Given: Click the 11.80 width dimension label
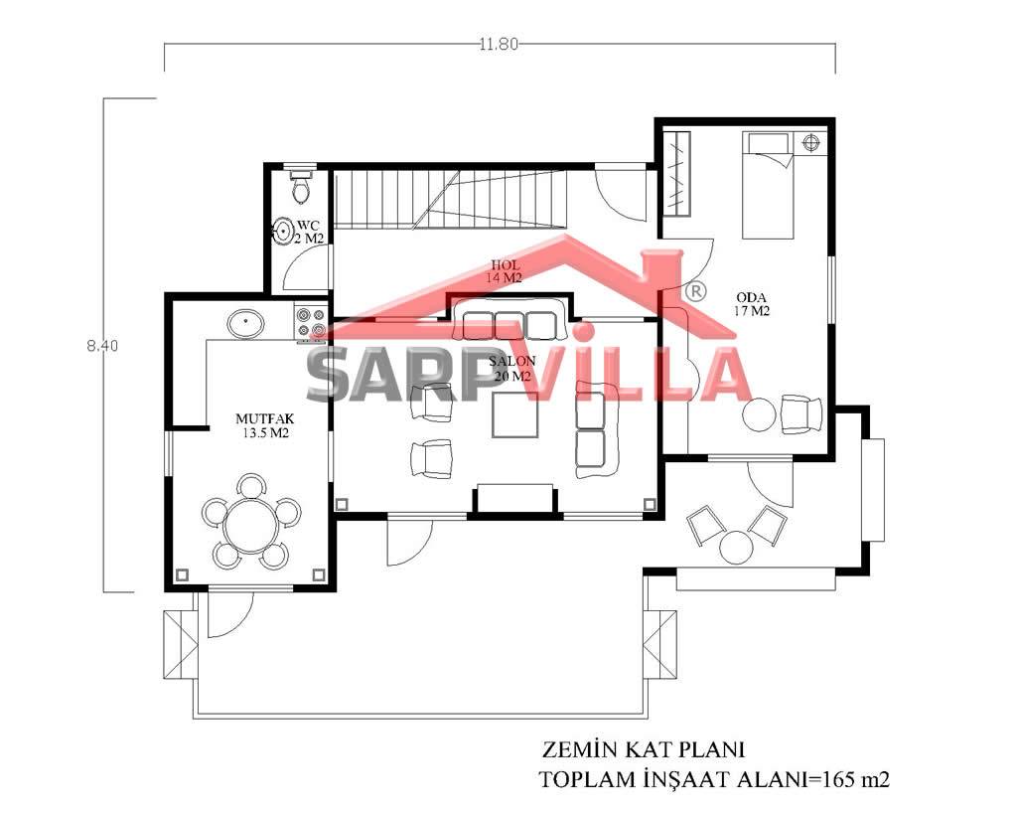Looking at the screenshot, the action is tap(499, 44).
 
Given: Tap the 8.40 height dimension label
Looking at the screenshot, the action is tap(102, 346).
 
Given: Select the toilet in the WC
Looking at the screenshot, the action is tap(301, 185).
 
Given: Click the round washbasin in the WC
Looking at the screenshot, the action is tap(282, 231).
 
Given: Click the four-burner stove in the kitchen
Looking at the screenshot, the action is tap(310, 323).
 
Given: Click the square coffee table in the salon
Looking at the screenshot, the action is tap(515, 414).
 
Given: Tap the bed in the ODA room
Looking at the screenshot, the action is tap(768, 185).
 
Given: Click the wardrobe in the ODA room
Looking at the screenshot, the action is tap(679, 173).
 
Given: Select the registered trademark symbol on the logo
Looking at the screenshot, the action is tap(696, 291).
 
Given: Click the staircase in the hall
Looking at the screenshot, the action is tap(451, 200).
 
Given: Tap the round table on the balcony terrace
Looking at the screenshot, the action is tap(736, 547).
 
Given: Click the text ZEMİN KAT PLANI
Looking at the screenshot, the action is tap(643, 749).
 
